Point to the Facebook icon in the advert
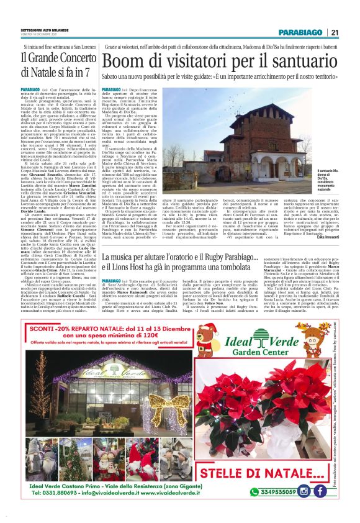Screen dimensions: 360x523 [320, 491]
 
